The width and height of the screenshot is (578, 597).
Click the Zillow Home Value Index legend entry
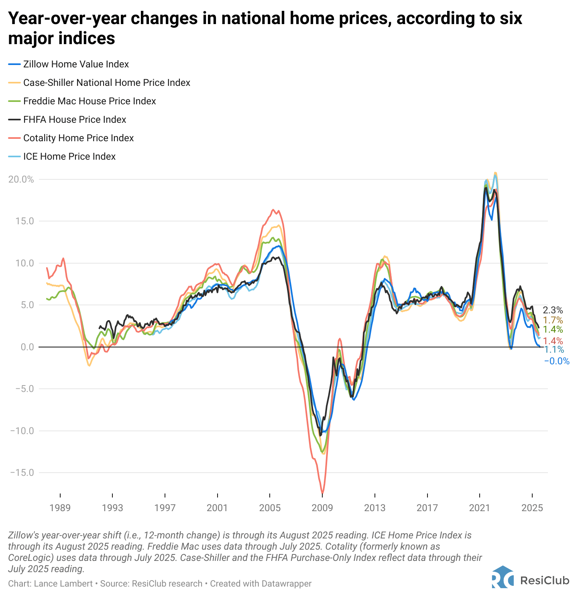[x=76, y=64]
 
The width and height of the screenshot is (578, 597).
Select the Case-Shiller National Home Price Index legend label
[x=106, y=83]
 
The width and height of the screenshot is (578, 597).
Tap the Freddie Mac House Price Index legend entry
[x=90, y=101]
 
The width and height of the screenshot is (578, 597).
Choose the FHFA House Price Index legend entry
[x=75, y=120]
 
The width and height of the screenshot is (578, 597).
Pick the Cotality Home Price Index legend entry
[x=78, y=138]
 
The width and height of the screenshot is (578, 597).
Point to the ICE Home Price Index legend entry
[x=69, y=156]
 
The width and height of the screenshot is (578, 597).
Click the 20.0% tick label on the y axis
[x=21, y=179]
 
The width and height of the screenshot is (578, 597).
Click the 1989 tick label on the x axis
[x=60, y=508]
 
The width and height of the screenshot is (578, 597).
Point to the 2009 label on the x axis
[x=322, y=508]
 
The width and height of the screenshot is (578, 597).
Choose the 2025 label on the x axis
[x=532, y=508]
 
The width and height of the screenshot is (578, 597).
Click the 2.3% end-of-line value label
[x=553, y=310]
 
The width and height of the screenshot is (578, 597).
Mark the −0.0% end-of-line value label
[x=557, y=361]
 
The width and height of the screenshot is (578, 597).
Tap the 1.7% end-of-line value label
[x=553, y=320]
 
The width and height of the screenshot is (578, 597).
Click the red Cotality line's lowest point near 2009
[x=322, y=493]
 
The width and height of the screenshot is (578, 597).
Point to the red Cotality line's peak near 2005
[x=273, y=209]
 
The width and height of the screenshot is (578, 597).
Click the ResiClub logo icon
[x=503, y=577]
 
